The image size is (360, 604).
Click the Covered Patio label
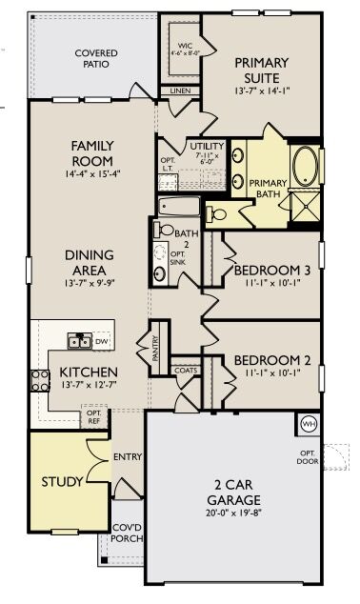point(91,58)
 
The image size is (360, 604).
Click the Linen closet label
point(180,91)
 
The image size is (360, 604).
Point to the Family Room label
point(93,152)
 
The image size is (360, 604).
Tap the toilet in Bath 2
point(166,229)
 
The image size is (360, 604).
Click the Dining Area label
point(90,262)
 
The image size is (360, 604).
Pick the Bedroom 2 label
point(271,365)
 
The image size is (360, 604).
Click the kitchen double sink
point(79,340)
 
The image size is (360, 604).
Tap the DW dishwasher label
point(102,340)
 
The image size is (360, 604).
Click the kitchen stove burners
point(40,381)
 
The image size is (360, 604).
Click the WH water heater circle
point(308,423)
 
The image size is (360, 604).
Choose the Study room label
point(62,481)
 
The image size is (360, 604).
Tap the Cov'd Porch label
point(128,533)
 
